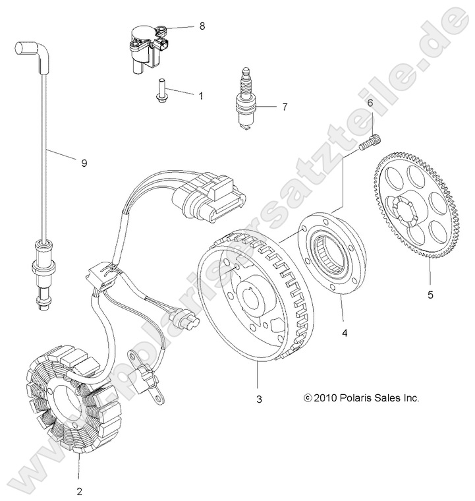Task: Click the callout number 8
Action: [202, 26]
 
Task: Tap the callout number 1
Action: [200, 96]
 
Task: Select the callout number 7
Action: [285, 105]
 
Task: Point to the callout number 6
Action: [370, 103]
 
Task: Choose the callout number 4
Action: [345, 333]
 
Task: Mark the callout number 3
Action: [259, 399]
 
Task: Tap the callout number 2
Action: [79, 490]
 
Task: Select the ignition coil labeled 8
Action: [148, 46]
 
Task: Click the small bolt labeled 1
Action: [160, 91]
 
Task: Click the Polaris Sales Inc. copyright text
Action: [362, 398]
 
